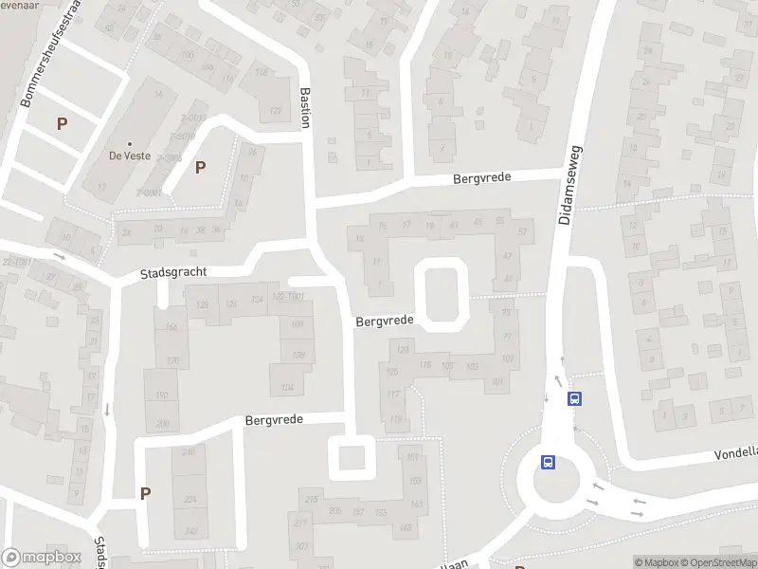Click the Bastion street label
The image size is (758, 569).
point(305,109)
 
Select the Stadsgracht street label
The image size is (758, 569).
point(172,272)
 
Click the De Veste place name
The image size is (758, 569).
point(129,155)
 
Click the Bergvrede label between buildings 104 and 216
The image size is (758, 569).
point(274,419)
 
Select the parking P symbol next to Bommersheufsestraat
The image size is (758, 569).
point(63,123)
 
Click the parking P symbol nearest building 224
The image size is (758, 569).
point(145,493)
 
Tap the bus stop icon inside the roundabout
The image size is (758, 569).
point(548,463)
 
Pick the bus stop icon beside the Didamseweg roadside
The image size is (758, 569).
point(574,399)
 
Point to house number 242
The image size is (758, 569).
point(191,532)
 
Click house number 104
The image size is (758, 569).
point(288,389)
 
